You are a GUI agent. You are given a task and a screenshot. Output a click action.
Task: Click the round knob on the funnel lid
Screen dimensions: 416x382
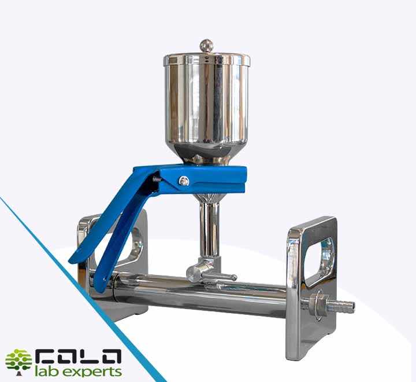click(206, 46)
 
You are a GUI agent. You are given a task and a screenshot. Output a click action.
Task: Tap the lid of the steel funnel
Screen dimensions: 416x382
click(207, 60)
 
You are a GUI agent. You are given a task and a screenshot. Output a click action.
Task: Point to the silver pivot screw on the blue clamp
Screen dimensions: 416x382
click(184, 181)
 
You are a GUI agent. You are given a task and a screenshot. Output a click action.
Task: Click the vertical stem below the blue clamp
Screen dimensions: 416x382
click(209, 229)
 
